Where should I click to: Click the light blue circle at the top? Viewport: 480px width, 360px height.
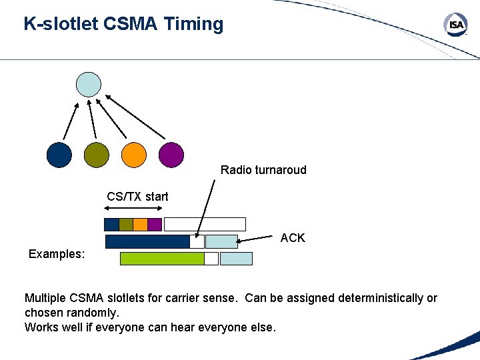click(89, 85)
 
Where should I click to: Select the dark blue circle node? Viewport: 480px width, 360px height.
click(59, 155)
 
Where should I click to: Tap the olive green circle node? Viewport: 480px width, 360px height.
click(97, 155)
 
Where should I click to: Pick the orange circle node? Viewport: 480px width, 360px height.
click(133, 155)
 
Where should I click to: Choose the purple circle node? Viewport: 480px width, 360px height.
click(171, 155)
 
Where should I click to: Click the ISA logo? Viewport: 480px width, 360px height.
click(456, 26)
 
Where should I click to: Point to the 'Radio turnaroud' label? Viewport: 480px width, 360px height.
click(263, 170)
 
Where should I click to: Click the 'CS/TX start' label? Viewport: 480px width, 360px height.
click(137, 197)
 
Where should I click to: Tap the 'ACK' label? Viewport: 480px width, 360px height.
click(293, 238)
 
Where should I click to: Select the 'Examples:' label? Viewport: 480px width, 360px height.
click(57, 254)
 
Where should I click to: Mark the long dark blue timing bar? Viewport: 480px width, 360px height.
click(147, 241)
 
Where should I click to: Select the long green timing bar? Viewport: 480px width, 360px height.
click(162, 259)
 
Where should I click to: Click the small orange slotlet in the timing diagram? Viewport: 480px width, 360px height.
click(140, 225)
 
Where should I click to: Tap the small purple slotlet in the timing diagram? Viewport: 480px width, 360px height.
click(155, 225)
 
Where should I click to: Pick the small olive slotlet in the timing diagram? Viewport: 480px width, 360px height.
click(126, 225)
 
